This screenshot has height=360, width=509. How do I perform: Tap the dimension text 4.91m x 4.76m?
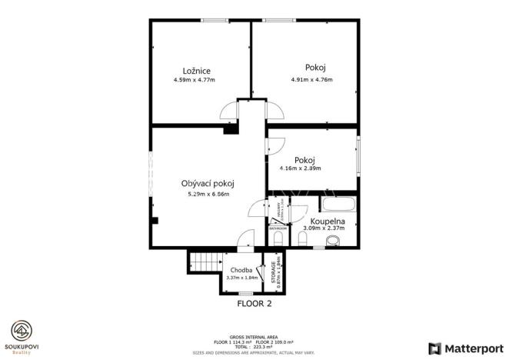coord(311,79)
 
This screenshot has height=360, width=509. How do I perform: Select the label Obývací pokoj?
coord(208,183)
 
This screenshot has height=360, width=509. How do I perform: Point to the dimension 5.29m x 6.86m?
coord(208,194)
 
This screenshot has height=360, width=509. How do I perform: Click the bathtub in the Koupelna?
coord(338,206)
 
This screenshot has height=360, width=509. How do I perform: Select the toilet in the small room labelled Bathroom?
coord(278,239)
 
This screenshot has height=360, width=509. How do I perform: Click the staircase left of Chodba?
coord(205,263)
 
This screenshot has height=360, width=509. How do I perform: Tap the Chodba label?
coord(241,271)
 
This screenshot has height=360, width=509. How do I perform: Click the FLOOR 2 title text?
coord(254,303)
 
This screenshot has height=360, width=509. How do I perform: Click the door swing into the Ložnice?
coord(228,114)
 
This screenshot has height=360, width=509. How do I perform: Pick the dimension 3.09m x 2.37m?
coord(324,228)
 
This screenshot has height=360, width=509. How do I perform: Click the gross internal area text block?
coord(254,344)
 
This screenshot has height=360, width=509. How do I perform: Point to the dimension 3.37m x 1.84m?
coord(241,278)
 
